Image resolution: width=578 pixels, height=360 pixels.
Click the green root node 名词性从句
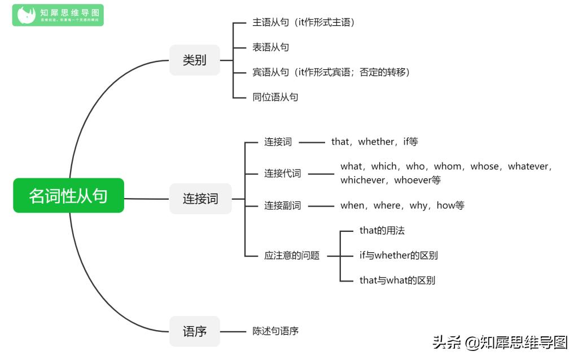click(x=68, y=196)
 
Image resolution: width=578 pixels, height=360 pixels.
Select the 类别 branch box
click(x=194, y=60)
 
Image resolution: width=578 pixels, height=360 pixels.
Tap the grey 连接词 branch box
click(x=200, y=199)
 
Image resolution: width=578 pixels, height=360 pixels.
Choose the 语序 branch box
click(x=194, y=331)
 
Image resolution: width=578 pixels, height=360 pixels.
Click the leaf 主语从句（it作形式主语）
click(x=303, y=23)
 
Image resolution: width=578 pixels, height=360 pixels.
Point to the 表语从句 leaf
click(x=270, y=47)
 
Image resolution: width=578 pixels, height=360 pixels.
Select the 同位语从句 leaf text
click(x=275, y=97)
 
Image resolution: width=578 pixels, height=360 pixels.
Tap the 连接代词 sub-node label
click(x=283, y=173)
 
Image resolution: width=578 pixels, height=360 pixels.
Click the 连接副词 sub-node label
click(x=283, y=205)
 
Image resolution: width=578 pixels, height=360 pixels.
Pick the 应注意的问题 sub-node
click(x=292, y=256)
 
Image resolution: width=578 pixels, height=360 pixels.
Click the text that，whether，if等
click(x=374, y=142)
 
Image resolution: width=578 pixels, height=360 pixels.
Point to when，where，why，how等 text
click(x=402, y=205)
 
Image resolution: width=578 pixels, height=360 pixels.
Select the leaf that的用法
click(x=382, y=230)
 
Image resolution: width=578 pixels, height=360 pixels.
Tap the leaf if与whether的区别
click(x=399, y=255)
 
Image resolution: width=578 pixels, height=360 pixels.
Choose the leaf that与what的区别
click(x=397, y=280)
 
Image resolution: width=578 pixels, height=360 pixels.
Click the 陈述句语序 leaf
click(x=275, y=331)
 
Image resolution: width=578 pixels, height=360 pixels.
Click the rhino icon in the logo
click(x=26, y=15)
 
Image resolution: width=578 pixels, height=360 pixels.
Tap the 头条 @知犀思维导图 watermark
click(x=500, y=342)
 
